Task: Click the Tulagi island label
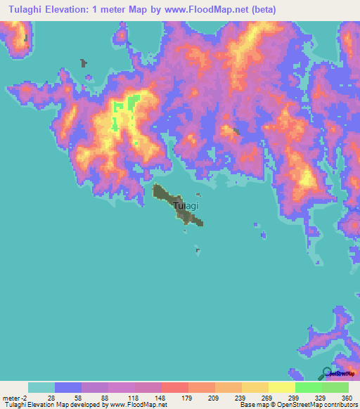click(x=186, y=206)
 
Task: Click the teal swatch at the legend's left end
click(x=41, y=387)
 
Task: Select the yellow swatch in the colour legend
click(x=282, y=387)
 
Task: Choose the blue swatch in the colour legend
click(x=68, y=387)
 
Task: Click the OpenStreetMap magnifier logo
click(x=326, y=374)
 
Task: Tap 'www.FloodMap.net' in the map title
click(x=213, y=10)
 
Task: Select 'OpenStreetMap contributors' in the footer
click(x=313, y=405)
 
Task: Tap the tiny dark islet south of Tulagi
click(x=198, y=249)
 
